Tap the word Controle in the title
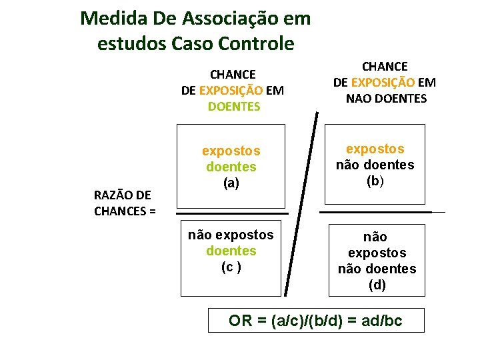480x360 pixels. pos(258,44)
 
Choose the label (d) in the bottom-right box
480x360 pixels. pos(377,285)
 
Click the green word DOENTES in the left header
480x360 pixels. pos(233,106)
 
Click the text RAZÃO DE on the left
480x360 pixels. pos(122,195)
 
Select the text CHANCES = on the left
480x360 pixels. pos(125,211)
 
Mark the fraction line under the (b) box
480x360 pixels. pos(377,212)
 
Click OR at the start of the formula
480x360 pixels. pos(241,321)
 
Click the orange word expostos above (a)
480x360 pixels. pos(231,151)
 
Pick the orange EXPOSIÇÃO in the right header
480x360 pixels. pos(382,83)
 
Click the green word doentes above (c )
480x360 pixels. pos(231,251)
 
